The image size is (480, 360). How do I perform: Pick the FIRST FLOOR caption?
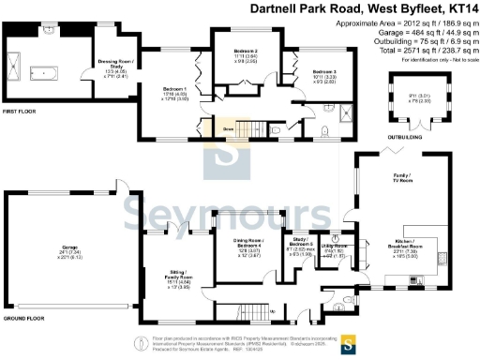coord(20,112)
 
